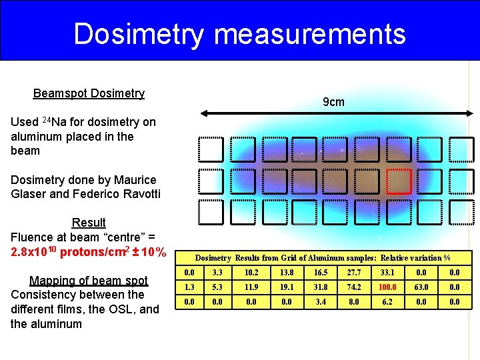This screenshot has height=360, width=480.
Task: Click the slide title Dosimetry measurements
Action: pos(239,33)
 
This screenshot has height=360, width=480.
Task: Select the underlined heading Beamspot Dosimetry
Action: pos(89,93)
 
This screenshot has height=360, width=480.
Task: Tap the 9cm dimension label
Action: pos(333,102)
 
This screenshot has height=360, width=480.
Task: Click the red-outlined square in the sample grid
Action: pos(399,181)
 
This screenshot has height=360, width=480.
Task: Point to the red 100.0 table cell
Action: pos(387,288)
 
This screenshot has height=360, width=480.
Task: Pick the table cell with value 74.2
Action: pos(354,288)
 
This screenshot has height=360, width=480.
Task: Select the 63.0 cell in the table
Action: pos(420,288)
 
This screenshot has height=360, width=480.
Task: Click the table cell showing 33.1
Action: pos(387,273)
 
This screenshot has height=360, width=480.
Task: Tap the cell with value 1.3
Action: pos(189,288)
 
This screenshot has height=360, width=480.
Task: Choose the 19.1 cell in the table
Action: pos(287,288)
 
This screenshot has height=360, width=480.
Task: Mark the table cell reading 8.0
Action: pos(354,302)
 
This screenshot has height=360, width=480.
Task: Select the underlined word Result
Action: pos(89,222)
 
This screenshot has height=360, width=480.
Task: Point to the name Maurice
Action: pos(133,180)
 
